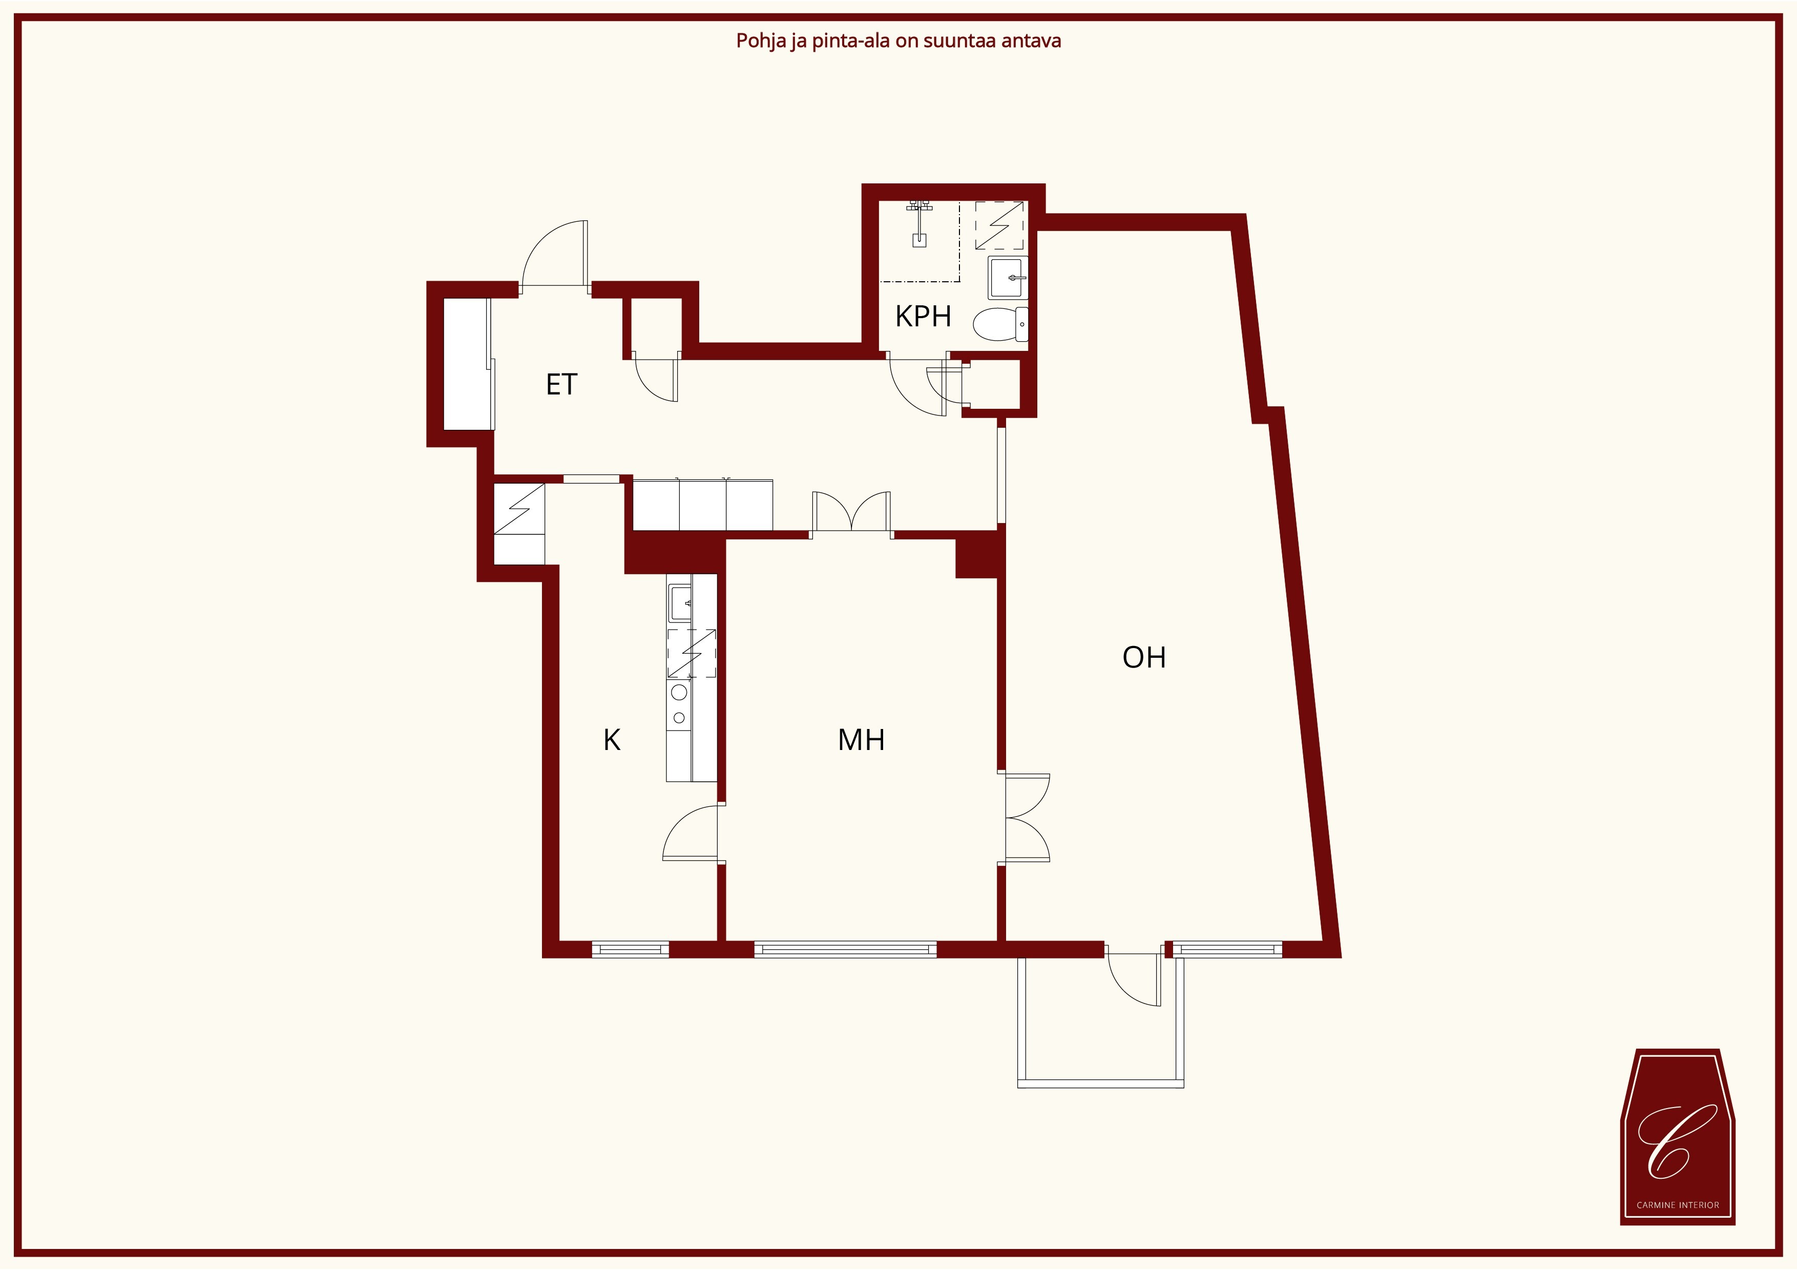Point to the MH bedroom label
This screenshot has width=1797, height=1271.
pos(861,740)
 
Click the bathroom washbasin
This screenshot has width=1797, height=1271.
pos(1007,278)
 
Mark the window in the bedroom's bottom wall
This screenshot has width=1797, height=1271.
pos(845,949)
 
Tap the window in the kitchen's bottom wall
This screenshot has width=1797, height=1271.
pos(630,949)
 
